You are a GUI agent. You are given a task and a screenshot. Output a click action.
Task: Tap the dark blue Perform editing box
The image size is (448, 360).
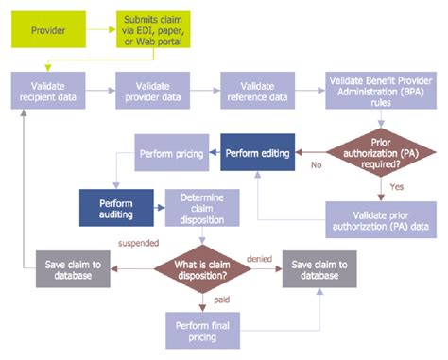point(256,151)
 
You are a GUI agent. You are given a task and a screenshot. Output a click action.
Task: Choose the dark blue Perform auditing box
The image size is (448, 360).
point(117,208)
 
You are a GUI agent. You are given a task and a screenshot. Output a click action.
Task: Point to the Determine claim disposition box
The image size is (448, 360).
point(197,208)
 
